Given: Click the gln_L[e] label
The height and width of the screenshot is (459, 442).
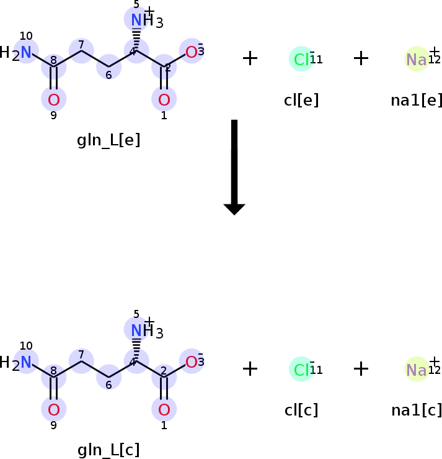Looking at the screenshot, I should [108, 140].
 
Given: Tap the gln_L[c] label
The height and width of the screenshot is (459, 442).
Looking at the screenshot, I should [108, 450].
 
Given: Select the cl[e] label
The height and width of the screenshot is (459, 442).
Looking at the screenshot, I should [301, 100].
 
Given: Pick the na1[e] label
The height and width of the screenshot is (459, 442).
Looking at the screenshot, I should [417, 100].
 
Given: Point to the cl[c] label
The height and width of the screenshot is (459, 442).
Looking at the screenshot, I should [301, 410].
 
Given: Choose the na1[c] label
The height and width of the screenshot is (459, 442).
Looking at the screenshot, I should [417, 410].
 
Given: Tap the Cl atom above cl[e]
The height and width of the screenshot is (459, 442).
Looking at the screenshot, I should [301, 59].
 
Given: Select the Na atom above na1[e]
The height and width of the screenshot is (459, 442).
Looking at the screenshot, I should [416, 59].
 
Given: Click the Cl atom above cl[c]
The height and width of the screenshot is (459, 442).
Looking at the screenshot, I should [301, 370].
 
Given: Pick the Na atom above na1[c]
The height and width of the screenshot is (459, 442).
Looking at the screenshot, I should [416, 370].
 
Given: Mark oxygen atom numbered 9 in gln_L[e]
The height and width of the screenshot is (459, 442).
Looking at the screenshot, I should [54, 99].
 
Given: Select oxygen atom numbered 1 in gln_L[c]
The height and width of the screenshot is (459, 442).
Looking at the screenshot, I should [164, 409].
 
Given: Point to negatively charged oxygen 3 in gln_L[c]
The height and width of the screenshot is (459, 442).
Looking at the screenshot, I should [192, 362].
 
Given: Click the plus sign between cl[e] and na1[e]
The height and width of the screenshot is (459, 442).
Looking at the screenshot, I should [361, 58].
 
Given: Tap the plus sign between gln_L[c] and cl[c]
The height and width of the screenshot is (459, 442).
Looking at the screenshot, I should [250, 369].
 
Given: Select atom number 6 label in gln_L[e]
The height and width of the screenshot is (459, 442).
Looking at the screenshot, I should [109, 75].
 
